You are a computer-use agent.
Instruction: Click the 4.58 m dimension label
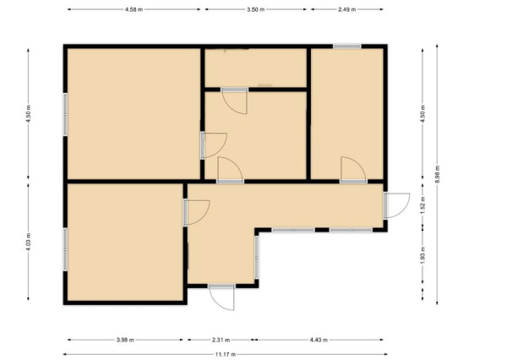coord(134,9)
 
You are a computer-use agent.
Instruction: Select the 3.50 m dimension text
coord(255,9)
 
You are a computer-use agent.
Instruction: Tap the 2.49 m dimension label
coord(347,9)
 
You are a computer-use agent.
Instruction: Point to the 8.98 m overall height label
coord(437,175)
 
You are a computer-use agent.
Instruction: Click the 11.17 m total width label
coord(226,354)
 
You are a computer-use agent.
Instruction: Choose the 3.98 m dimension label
coord(125,340)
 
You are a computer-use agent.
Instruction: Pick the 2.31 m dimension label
coord(221,340)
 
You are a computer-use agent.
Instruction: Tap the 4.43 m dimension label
coord(319,340)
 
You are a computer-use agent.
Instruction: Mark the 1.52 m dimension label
coord(423,204)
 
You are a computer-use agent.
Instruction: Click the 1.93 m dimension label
coord(423,255)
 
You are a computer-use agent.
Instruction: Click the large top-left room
coord(134,113)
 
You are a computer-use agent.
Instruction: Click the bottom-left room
coord(125,243)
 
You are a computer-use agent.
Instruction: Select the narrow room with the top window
coord(347,113)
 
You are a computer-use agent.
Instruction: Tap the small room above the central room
coord(255,68)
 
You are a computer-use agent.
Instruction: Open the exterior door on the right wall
coord(396,205)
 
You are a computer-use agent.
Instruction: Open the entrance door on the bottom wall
coord(221,297)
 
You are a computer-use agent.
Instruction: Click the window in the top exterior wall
coord(347,46)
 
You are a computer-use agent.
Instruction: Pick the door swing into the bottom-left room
coord(197,212)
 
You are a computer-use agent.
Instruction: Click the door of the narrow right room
coord(353,170)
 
